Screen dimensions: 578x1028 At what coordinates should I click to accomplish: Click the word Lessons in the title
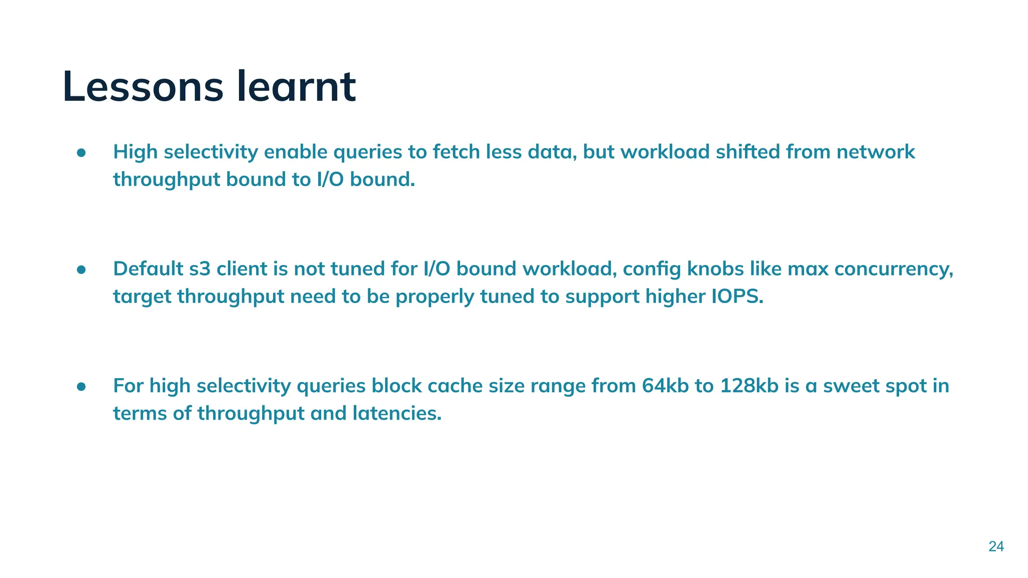click(143, 87)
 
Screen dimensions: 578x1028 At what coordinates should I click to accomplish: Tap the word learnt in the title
click(296, 87)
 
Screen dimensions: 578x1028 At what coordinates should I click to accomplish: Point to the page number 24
click(996, 546)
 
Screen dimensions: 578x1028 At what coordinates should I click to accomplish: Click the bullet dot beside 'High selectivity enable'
click(82, 153)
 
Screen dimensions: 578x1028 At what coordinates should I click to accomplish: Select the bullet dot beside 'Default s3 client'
click(82, 270)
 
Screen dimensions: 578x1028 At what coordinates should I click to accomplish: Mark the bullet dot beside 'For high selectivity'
click(82, 387)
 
